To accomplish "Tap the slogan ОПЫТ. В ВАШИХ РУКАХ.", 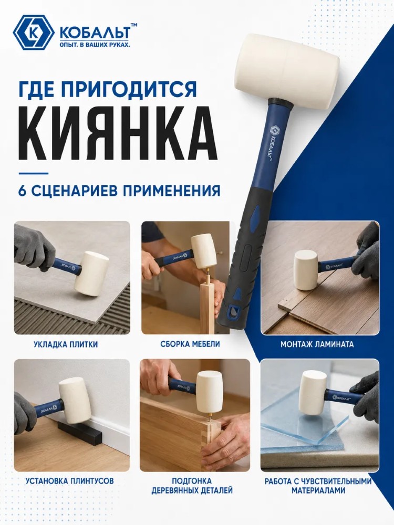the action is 94,45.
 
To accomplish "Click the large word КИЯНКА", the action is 115,133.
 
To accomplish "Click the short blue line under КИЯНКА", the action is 33,173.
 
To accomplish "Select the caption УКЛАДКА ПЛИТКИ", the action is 66,344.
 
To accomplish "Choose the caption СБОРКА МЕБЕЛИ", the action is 190,344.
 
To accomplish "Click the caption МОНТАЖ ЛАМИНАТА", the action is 317,344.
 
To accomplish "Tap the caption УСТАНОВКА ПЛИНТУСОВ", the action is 69,481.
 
